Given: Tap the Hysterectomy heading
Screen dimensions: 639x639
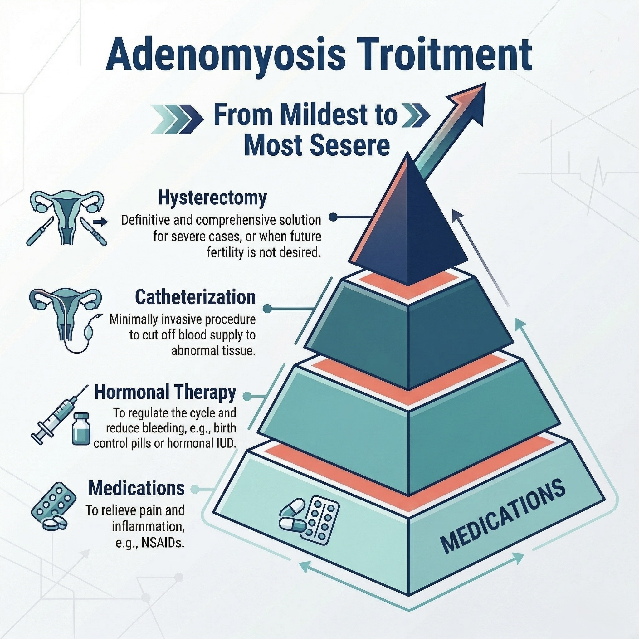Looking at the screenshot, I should (212, 198).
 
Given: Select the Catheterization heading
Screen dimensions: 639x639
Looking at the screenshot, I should (195, 297).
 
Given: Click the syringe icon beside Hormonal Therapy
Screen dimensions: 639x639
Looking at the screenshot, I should (58, 415).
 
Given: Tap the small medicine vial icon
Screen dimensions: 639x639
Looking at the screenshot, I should (81, 429).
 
